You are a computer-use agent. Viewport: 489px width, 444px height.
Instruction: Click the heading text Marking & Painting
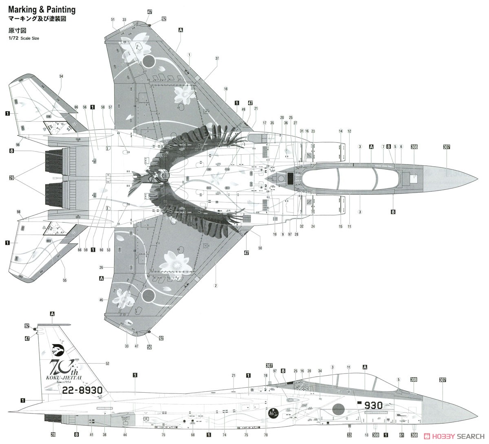pyautogui.click(x=42, y=9)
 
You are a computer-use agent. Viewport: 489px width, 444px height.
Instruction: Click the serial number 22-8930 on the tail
pyautogui.click(x=82, y=390)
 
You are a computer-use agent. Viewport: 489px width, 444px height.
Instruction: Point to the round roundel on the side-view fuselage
pyautogui.click(x=339, y=410)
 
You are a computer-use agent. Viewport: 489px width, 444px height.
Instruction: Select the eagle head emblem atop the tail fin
pyautogui.click(x=58, y=349)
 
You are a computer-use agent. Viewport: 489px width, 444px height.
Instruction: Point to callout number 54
pyautogui.click(x=62, y=76)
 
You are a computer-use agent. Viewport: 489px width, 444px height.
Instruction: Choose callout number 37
pyautogui.click(x=217, y=58)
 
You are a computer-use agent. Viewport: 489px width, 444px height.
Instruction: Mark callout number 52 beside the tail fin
pyautogui.click(x=108, y=363)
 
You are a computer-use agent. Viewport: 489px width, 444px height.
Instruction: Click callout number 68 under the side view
pyautogui.click(x=193, y=435)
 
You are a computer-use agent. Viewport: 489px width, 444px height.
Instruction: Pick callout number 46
pyautogui.click(x=101, y=300)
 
